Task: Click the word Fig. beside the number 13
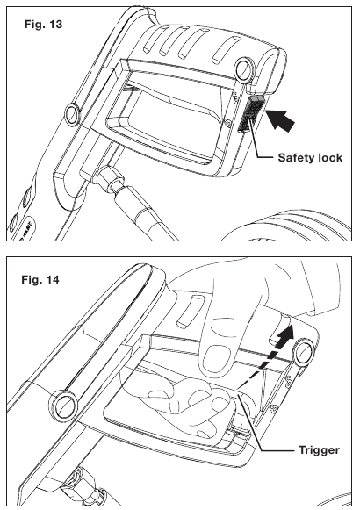pyautogui.click(x=35, y=25)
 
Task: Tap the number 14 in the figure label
pyautogui.click(x=53, y=279)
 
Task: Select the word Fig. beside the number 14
pyautogui.click(x=32, y=280)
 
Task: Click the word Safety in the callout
pyautogui.click(x=297, y=158)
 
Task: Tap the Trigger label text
pyautogui.click(x=319, y=450)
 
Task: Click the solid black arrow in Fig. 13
pyautogui.click(x=281, y=120)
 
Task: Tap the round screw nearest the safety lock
pyautogui.click(x=243, y=69)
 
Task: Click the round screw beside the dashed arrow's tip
pyautogui.click(x=305, y=352)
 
